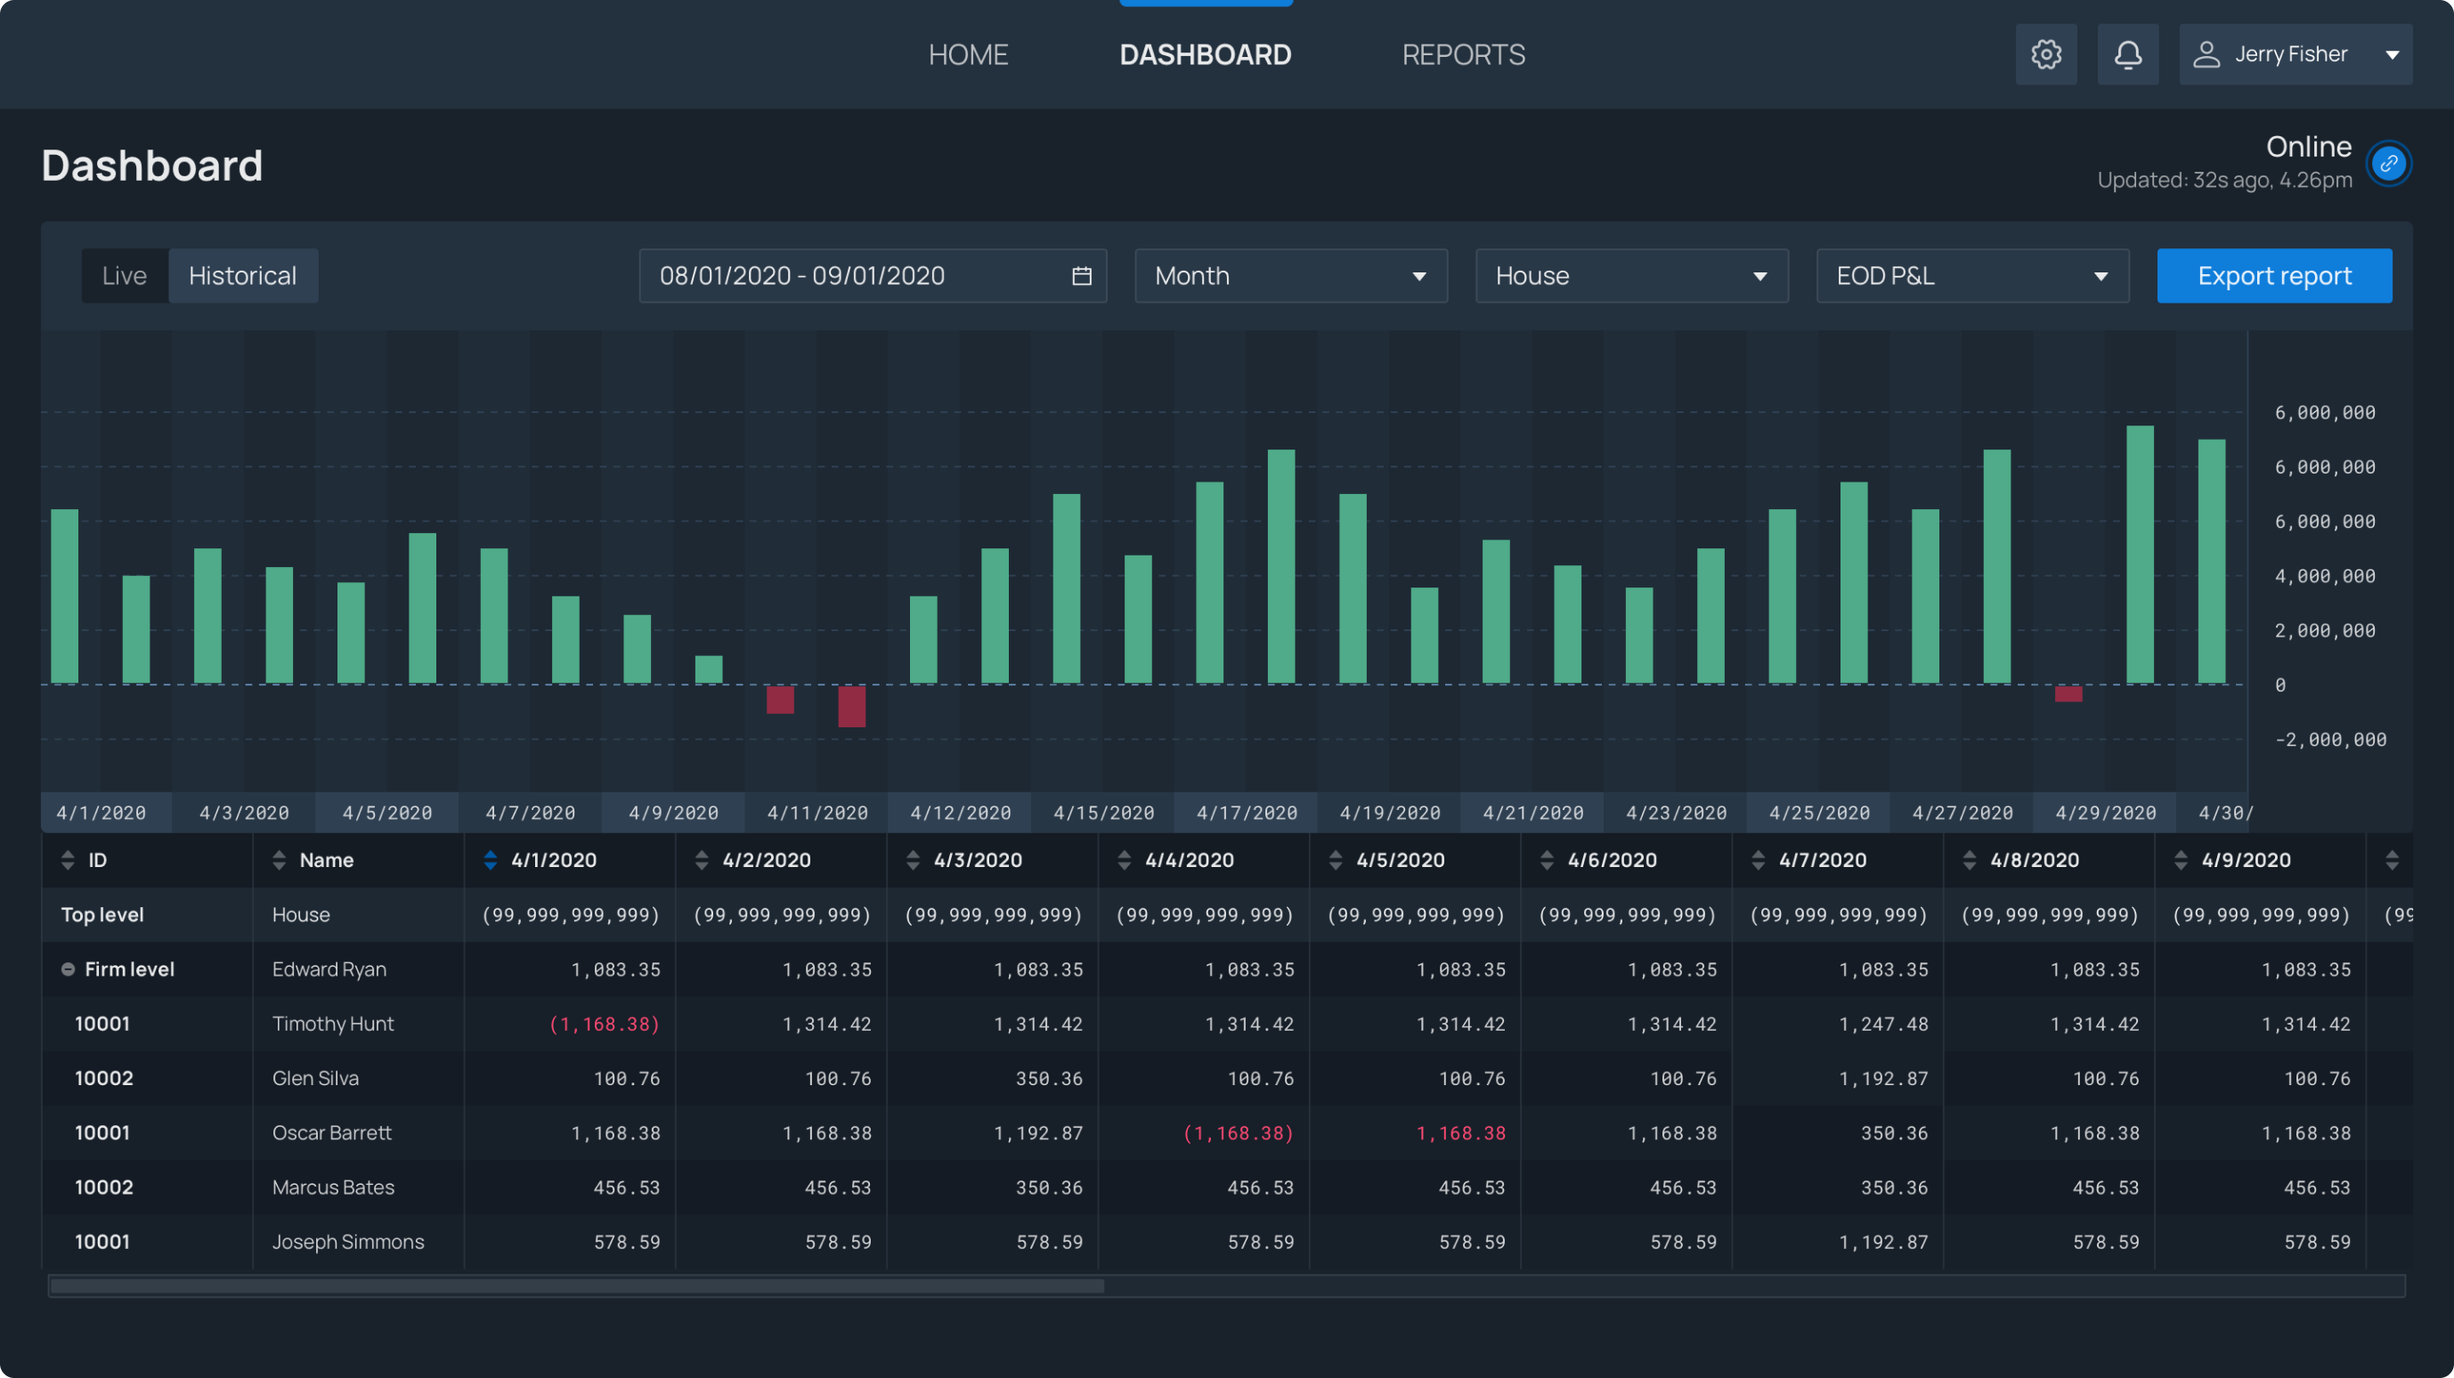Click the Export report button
2274,276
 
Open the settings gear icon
2045,54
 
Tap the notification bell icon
2127,54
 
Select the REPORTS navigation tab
1463,54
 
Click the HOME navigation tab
968,54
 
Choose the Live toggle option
125,276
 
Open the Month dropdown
1290,276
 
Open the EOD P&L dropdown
1971,276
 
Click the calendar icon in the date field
1081,276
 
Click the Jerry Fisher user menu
2295,54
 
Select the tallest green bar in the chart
2140,555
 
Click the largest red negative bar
851,707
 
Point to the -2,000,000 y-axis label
2329,740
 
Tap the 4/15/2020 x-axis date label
1103,814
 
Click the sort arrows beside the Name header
279,860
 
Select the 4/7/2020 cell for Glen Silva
1882,1078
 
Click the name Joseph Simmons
348,1242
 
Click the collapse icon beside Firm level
68,969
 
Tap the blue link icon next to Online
2388,164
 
